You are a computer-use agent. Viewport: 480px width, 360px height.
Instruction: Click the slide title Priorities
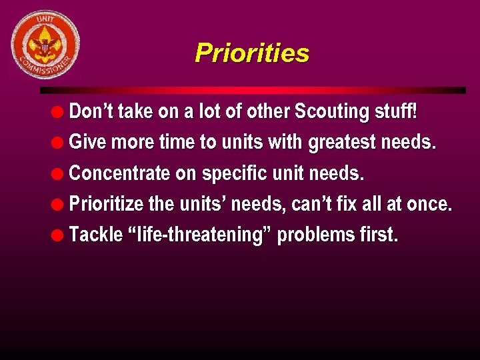click(x=252, y=53)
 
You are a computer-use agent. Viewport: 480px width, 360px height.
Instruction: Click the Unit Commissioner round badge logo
click(x=45, y=45)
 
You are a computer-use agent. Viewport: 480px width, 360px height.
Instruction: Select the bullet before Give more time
click(x=59, y=143)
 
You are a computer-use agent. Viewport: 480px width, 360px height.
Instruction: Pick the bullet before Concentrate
click(x=59, y=174)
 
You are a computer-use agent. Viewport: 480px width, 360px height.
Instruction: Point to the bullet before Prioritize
click(x=59, y=205)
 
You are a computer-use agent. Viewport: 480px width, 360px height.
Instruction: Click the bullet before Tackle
click(x=59, y=235)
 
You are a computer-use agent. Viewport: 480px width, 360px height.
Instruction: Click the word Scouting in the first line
click(x=331, y=111)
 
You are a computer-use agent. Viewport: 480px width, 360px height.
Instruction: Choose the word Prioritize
click(x=107, y=204)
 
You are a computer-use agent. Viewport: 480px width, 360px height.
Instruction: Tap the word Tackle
click(x=96, y=235)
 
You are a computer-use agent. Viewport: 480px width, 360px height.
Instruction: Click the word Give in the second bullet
click(x=87, y=143)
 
